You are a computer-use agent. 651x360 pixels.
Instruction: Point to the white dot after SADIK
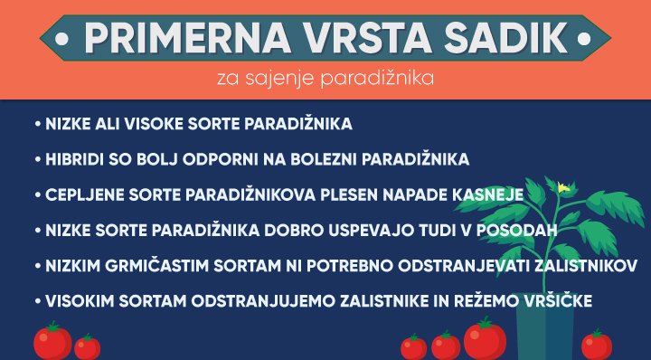[587, 40]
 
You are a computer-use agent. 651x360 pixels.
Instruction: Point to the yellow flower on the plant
[562, 188]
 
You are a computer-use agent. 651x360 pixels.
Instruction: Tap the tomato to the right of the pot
[596, 345]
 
